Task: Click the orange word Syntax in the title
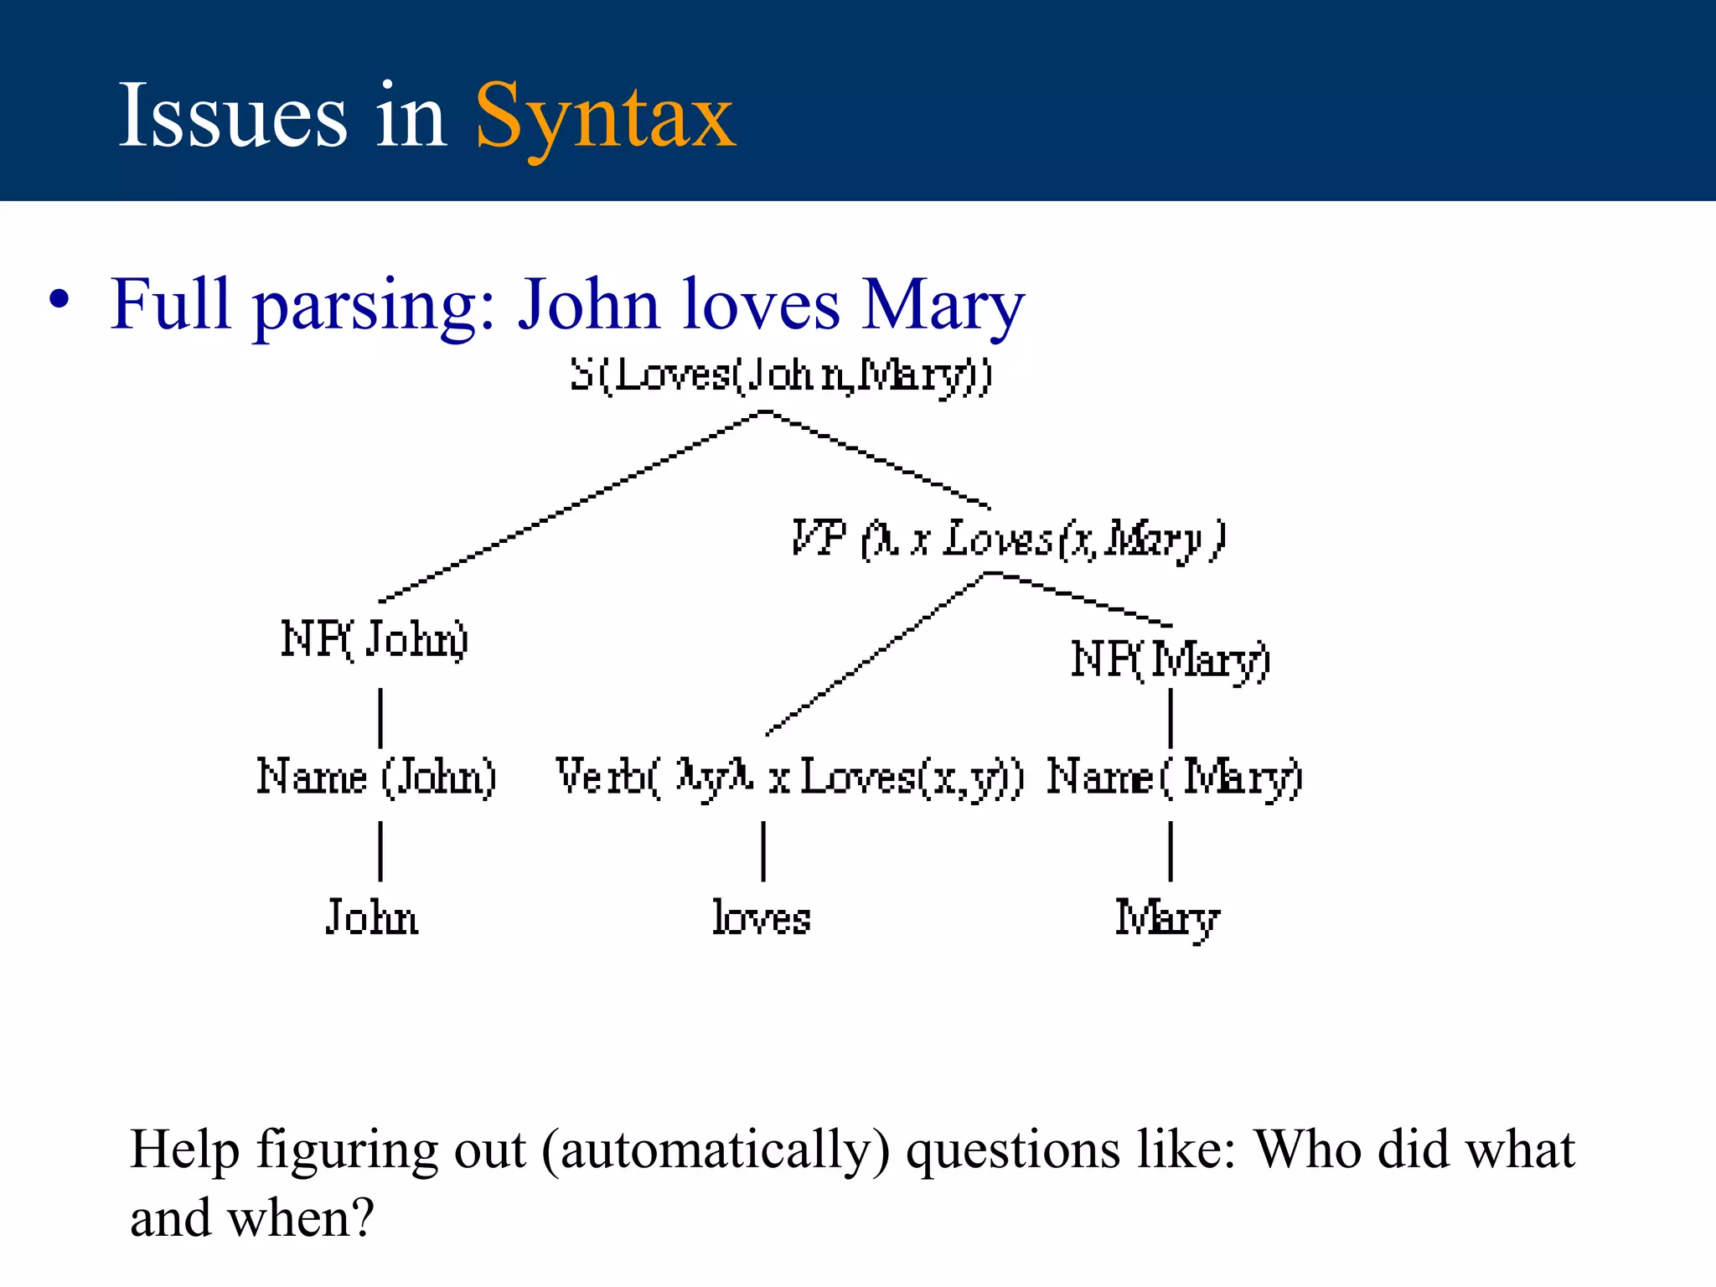pos(605,116)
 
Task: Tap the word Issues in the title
pos(232,116)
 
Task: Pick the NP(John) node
pos(374,639)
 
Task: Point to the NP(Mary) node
pos(1171,659)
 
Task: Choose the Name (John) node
pos(376,777)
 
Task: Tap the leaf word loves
pos(762,917)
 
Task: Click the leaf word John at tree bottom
pos(372,917)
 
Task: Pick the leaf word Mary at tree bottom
pos(1167,919)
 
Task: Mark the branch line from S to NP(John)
pos(570,506)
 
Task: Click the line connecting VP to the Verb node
pos(876,654)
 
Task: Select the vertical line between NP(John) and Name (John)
pos(381,718)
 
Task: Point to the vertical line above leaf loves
pos(763,851)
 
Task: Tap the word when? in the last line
pos(301,1218)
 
